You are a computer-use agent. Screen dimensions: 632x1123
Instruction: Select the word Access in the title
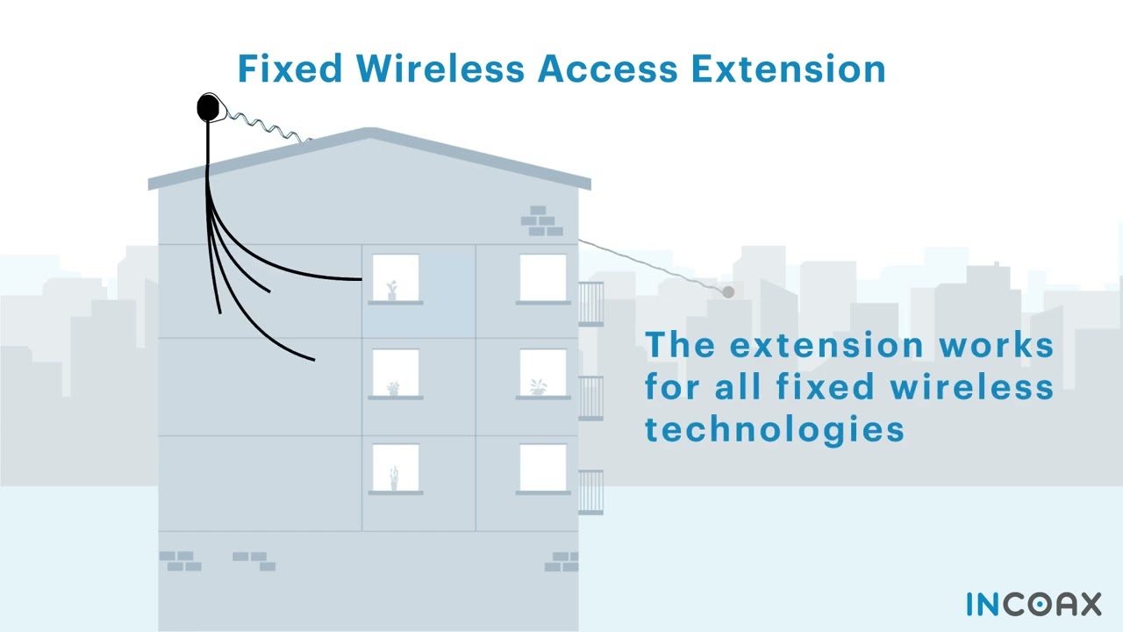click(608, 68)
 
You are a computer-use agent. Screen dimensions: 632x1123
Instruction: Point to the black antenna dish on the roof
click(209, 108)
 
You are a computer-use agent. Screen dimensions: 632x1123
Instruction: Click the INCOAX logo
click(1034, 604)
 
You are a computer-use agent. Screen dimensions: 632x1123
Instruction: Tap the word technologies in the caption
click(775, 428)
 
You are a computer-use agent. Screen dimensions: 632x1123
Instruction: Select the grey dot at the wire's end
click(728, 291)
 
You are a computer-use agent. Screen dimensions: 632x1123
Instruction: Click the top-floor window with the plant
click(395, 278)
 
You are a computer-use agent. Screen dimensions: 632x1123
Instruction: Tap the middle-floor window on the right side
click(542, 373)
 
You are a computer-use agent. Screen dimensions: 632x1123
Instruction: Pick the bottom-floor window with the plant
click(395, 468)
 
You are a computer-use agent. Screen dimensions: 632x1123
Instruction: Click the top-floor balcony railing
click(590, 304)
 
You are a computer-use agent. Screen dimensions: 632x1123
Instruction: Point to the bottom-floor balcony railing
click(590, 492)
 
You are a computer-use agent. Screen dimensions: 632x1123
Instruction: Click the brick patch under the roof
click(541, 221)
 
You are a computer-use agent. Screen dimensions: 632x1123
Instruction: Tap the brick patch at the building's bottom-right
click(561, 562)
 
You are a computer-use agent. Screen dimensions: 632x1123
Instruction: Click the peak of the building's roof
click(369, 133)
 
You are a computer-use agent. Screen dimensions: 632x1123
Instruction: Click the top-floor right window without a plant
click(542, 278)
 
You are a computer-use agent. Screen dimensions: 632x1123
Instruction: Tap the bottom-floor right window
click(542, 468)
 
